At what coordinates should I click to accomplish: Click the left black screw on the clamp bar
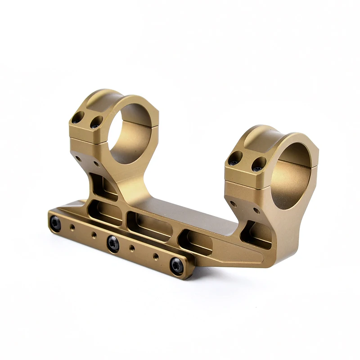[x=55, y=223]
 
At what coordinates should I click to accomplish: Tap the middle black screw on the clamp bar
[x=113, y=243]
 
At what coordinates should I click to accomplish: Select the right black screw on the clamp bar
[x=176, y=265]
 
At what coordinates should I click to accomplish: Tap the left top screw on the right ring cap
[x=234, y=159]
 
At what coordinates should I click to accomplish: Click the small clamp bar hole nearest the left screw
[x=72, y=229]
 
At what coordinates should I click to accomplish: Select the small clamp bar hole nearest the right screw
[x=156, y=256]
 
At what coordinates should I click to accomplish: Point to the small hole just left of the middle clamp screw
[x=94, y=235]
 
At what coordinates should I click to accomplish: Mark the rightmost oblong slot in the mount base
[x=196, y=243]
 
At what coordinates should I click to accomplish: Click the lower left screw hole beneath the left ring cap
[x=78, y=158]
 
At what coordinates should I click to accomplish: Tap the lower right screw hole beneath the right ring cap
[x=256, y=210]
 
